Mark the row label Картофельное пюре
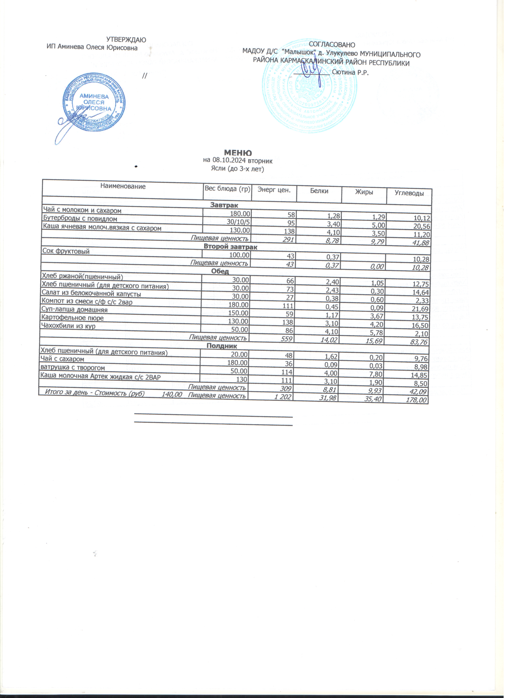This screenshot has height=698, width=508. [73, 318]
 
